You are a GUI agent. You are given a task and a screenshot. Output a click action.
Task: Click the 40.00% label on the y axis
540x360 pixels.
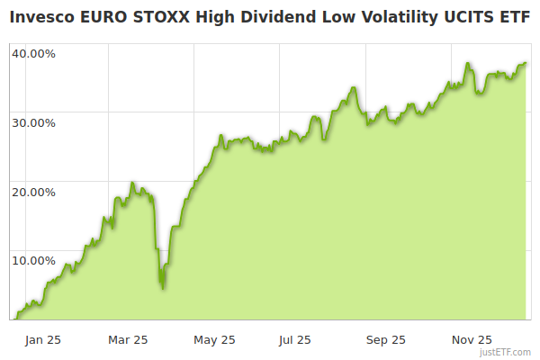[33, 53]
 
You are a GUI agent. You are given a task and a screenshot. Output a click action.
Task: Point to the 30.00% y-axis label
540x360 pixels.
[33, 122]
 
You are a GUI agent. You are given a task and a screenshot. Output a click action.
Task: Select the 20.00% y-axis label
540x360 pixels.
[33, 192]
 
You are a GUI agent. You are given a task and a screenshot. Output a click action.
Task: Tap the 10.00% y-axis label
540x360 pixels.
[33, 261]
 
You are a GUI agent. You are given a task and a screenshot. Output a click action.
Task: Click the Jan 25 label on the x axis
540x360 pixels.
[43, 340]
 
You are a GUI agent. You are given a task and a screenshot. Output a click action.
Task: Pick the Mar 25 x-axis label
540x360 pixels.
[128, 340]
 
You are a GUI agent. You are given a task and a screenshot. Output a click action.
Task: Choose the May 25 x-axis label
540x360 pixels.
[214, 340]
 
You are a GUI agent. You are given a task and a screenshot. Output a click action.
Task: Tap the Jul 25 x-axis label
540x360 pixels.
[295, 340]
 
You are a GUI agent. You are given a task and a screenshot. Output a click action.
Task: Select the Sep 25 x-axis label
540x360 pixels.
[386, 340]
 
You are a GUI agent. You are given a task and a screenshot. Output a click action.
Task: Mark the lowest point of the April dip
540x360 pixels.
[162, 288]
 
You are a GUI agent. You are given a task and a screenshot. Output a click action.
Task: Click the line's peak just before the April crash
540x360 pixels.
[132, 183]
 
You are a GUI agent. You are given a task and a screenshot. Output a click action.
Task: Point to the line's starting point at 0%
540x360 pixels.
[13, 319]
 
